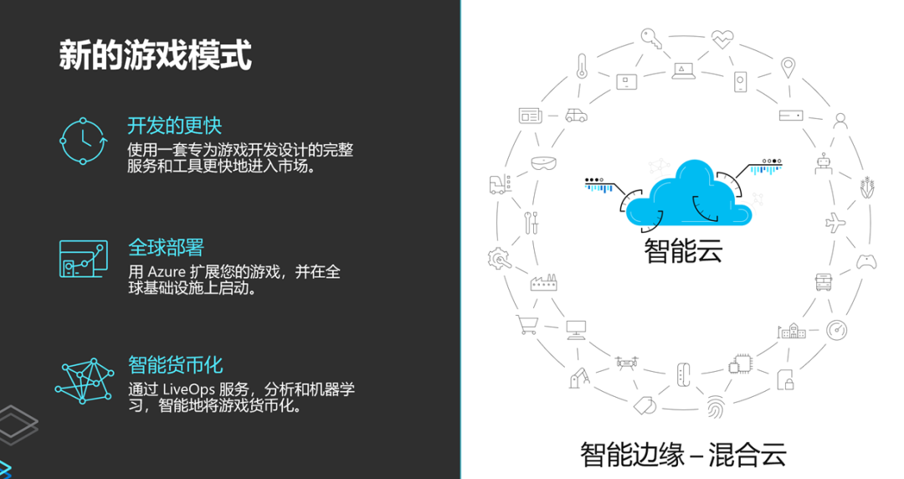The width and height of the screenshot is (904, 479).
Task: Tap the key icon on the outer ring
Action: [652, 37]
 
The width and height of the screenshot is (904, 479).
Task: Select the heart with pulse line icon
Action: [722, 38]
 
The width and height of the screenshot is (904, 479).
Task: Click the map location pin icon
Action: [788, 66]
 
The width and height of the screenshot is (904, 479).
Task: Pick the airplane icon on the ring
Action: [835, 222]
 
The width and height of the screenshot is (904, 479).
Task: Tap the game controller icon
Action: [865, 262]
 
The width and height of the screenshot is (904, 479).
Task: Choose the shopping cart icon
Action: [526, 323]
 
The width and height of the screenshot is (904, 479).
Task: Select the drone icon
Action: [627, 363]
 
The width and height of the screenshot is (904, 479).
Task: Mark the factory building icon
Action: [543, 282]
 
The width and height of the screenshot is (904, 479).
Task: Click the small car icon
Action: [575, 115]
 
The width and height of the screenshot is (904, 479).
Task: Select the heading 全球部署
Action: [166, 247]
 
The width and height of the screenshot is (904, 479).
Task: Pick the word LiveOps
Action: [187, 390]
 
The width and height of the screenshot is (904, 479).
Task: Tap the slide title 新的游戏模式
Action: [155, 57]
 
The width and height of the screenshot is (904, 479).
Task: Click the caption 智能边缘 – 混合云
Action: [684, 454]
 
